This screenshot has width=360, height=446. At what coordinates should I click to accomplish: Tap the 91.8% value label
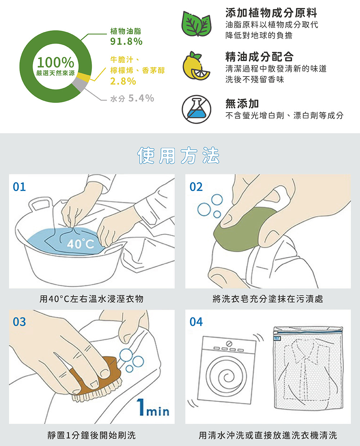click(x=126, y=41)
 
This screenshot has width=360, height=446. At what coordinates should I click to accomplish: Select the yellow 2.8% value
click(x=123, y=81)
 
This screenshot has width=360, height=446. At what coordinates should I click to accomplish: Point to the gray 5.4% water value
click(x=141, y=98)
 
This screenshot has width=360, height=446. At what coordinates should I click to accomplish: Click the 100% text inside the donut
click(x=55, y=62)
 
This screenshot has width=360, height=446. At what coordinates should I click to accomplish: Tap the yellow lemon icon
click(x=196, y=66)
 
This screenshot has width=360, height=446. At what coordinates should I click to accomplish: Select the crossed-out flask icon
click(x=197, y=109)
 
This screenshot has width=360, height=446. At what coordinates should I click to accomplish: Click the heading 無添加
click(x=242, y=104)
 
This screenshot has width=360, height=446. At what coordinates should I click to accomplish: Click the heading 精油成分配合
click(x=259, y=57)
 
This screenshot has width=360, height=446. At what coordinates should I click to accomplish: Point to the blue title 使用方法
click(x=178, y=155)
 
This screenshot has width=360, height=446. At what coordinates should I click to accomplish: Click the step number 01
click(x=19, y=187)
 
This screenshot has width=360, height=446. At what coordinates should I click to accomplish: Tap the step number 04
click(x=196, y=322)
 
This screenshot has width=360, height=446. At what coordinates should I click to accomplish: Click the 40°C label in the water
click(x=81, y=244)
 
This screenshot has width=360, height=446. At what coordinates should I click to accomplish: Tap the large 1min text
click(x=153, y=408)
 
